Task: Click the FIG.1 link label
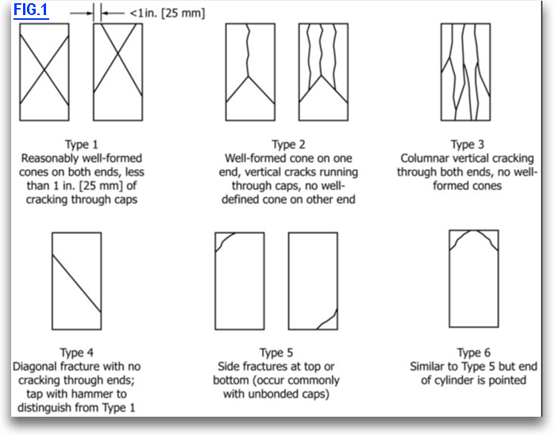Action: [x=30, y=12]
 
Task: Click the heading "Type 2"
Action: [x=289, y=144]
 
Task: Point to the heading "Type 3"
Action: [x=468, y=144]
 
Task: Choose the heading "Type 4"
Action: [x=77, y=352]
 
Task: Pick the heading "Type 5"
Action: [x=277, y=352]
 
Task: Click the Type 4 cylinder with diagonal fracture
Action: [x=76, y=280]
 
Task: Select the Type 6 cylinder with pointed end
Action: [x=474, y=277]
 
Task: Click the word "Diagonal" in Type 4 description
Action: [x=37, y=367]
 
